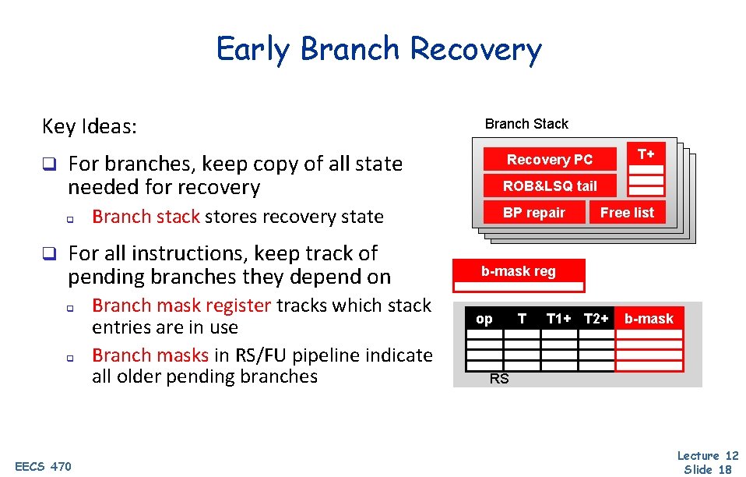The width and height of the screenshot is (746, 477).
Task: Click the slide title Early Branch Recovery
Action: (378, 49)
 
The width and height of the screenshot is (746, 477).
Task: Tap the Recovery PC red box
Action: (550, 160)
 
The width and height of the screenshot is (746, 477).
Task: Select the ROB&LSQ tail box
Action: (550, 186)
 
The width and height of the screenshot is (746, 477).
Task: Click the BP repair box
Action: (533, 212)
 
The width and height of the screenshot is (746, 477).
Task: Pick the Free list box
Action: (627, 212)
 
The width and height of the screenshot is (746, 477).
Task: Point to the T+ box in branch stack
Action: (646, 154)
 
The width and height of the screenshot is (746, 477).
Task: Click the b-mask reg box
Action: (519, 271)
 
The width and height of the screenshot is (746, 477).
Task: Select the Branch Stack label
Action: (526, 124)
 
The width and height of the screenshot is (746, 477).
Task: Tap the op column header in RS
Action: (484, 319)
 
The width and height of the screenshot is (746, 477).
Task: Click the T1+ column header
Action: (558, 319)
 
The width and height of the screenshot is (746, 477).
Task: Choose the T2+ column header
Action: (596, 319)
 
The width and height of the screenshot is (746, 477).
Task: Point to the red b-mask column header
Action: (649, 319)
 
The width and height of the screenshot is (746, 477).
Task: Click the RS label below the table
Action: (498, 380)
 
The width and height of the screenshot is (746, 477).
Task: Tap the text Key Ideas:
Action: (90, 126)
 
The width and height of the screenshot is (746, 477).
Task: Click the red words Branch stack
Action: (146, 217)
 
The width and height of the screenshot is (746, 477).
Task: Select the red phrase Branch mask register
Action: (181, 305)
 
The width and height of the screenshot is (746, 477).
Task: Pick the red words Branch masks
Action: (150, 355)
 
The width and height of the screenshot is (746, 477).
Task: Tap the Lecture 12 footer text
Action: (707, 456)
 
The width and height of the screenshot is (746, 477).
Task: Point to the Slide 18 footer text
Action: (707, 469)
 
